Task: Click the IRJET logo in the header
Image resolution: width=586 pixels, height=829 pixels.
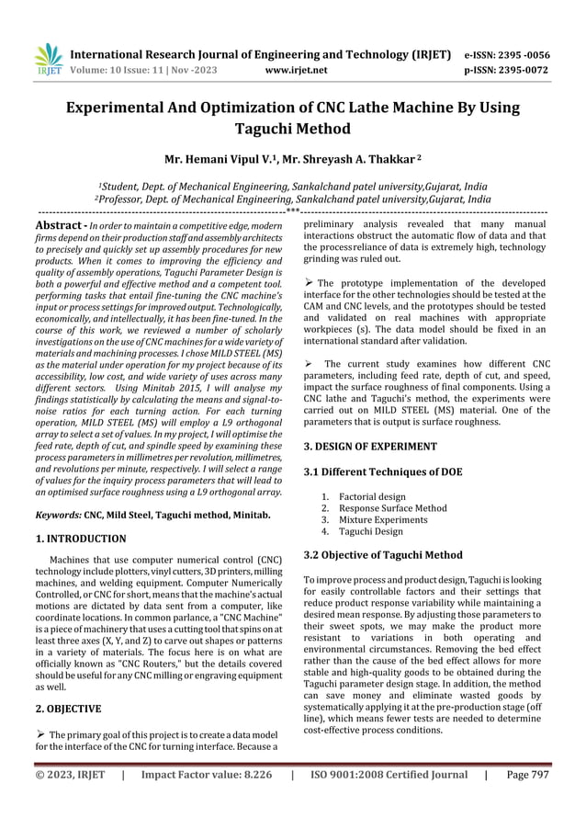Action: click(x=47, y=60)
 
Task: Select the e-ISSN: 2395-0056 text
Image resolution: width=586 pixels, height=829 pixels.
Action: click(x=521, y=53)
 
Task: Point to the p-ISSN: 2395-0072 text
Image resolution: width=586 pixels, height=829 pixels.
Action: click(x=521, y=69)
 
